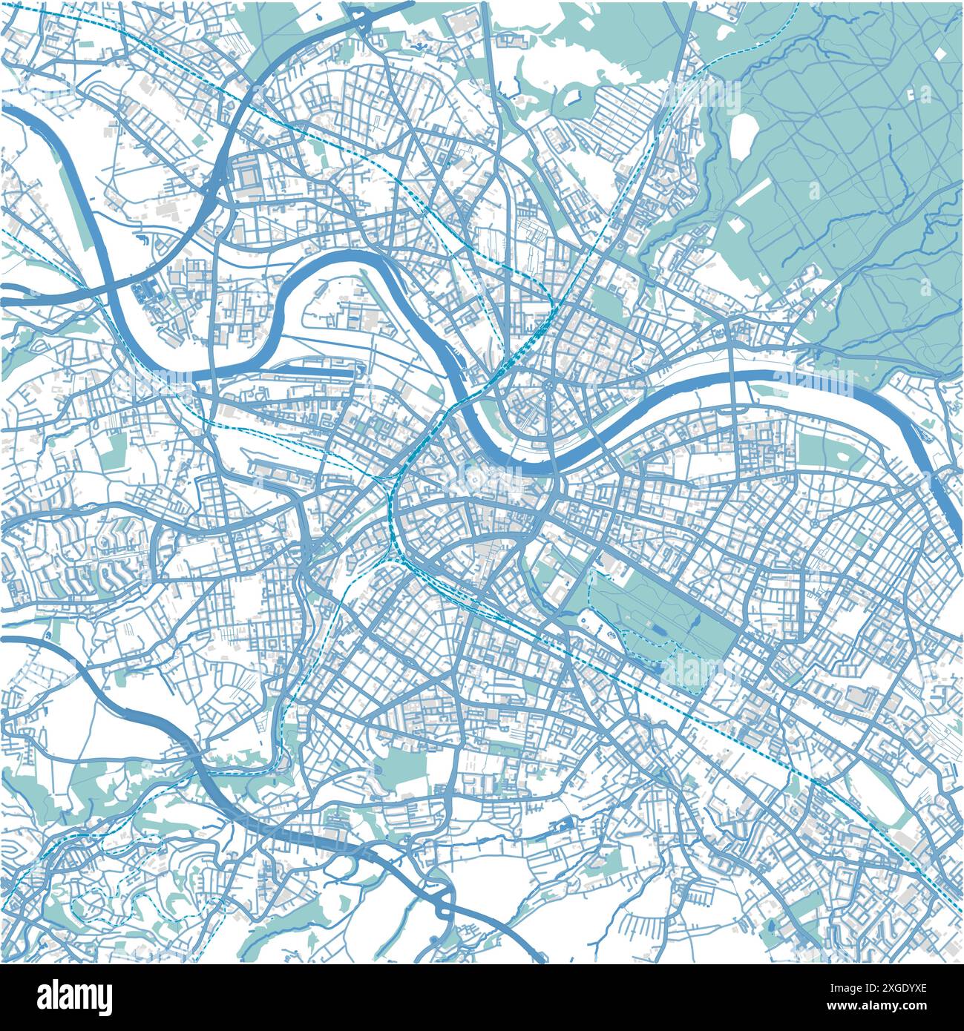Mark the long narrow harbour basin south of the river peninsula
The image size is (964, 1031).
pos(312,366)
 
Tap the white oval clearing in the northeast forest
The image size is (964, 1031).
pos(742,133)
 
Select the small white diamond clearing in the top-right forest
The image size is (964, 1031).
pos(925,93)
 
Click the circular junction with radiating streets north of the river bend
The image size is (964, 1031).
pos(548,384)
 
